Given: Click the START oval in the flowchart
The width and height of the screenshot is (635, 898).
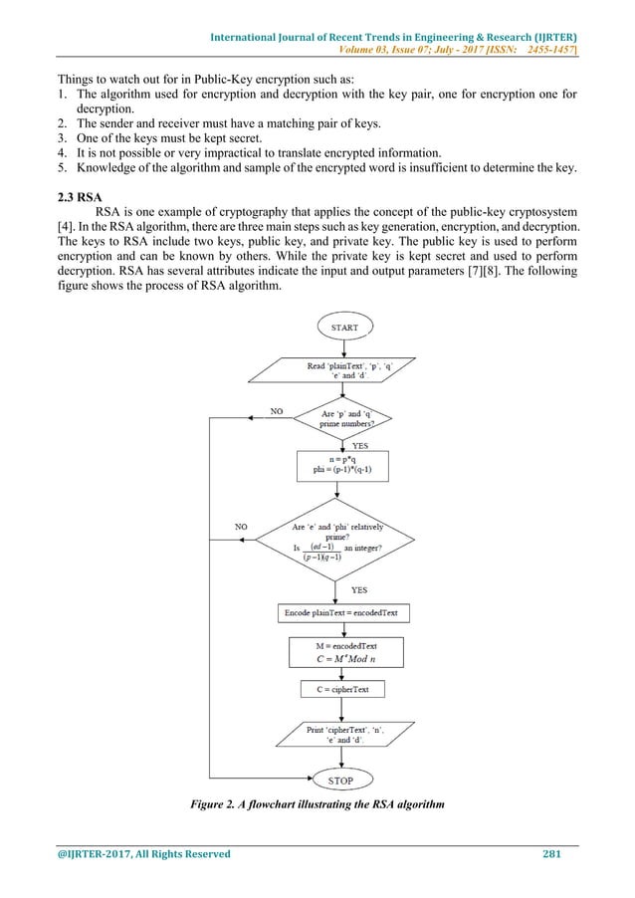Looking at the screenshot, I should click(343, 327).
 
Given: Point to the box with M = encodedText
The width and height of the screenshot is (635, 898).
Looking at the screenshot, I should click(343, 651).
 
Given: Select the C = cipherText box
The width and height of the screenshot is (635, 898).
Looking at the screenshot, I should click(343, 689).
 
